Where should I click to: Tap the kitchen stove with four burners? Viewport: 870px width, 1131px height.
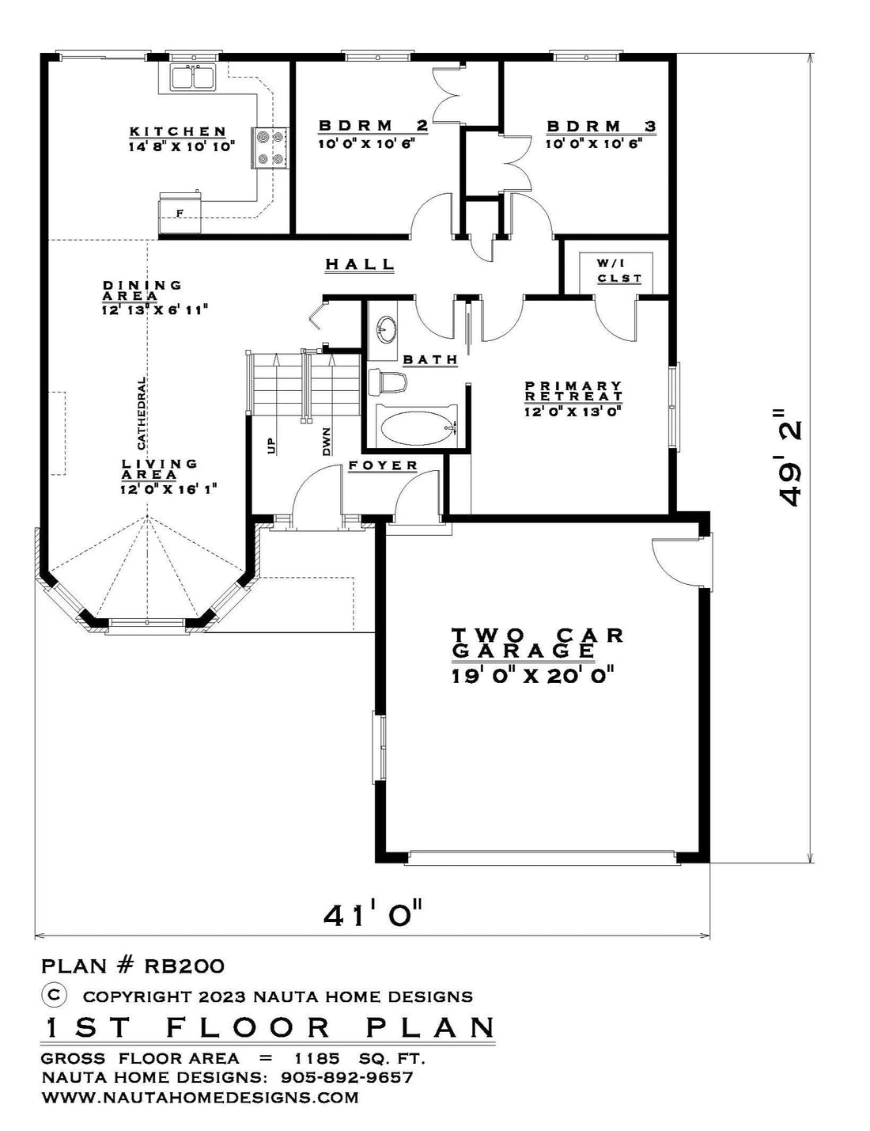270,148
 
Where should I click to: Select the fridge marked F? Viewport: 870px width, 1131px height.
180,213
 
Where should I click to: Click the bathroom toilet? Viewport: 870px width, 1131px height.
387,381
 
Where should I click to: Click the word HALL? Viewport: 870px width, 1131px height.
360,264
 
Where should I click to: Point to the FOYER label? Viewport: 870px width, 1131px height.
383,465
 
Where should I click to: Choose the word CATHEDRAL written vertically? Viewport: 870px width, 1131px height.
141,413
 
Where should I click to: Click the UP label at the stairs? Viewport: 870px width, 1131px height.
271,445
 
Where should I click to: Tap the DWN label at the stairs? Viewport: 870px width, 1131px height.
327,442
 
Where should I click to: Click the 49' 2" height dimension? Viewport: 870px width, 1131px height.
790,458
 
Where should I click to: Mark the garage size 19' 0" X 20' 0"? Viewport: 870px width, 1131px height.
533,676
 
